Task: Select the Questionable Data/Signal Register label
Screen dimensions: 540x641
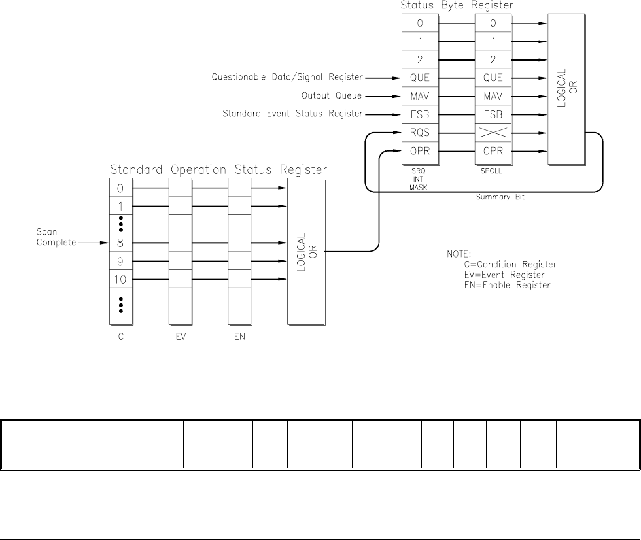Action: tap(286, 77)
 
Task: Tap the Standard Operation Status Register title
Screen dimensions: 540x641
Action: tap(218, 170)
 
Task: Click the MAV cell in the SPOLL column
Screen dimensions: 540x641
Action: tap(493, 97)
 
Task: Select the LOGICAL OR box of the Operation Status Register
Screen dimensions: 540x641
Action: tap(306, 252)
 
